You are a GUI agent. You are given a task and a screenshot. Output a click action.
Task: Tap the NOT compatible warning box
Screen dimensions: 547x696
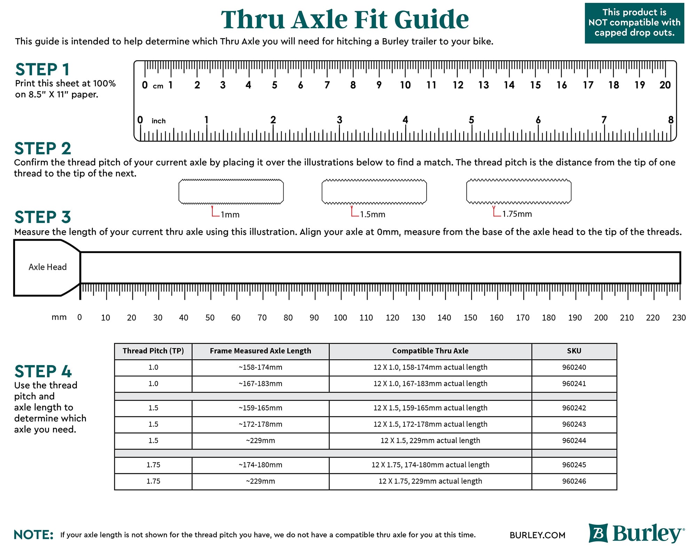(x=634, y=23)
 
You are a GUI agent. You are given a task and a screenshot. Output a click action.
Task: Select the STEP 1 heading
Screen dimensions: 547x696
(x=42, y=69)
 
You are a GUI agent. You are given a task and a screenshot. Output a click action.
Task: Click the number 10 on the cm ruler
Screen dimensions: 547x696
(x=405, y=85)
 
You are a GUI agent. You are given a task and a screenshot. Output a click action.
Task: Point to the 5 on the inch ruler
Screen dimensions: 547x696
(x=472, y=120)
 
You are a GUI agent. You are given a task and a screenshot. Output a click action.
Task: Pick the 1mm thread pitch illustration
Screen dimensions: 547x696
(x=231, y=192)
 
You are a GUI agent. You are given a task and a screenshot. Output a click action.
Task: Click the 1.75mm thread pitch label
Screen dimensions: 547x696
(x=517, y=214)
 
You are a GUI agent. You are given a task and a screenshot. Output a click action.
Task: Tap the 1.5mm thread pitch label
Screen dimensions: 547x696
(x=372, y=214)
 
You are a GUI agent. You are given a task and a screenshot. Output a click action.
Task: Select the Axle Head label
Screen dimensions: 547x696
(x=47, y=267)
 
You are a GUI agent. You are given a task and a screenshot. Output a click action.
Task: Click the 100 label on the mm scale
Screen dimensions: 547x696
(x=340, y=317)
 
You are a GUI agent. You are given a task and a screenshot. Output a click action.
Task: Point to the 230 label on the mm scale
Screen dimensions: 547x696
(x=679, y=317)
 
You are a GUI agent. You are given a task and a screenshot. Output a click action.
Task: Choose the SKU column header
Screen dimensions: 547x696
(x=574, y=351)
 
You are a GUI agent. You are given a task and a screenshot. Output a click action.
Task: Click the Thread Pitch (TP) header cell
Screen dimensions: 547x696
(x=153, y=351)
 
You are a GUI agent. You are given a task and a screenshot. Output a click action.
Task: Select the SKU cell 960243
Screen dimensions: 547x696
(x=574, y=424)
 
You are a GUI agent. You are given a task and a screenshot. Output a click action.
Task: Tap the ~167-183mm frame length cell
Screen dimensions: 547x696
(x=260, y=384)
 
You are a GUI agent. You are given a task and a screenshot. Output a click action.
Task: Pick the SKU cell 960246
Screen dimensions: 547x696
(x=574, y=481)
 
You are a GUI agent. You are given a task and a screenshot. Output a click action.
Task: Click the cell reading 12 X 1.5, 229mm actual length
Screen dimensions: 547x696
(x=430, y=441)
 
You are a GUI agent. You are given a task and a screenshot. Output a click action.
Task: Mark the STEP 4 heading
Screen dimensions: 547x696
(x=43, y=371)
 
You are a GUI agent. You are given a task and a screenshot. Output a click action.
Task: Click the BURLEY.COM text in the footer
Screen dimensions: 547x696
(x=537, y=535)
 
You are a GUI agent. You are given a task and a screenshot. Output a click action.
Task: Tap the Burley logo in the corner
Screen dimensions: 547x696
(x=636, y=533)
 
